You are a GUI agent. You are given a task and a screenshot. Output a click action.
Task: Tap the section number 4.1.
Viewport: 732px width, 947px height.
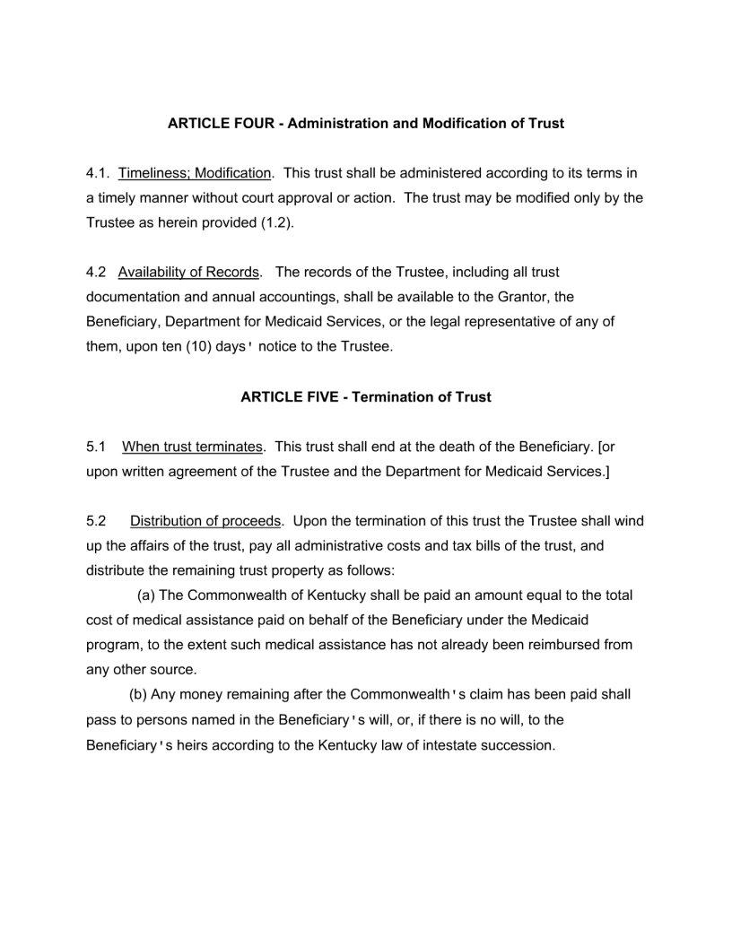[97, 173]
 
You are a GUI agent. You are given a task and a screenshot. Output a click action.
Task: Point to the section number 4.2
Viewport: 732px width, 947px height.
[96, 272]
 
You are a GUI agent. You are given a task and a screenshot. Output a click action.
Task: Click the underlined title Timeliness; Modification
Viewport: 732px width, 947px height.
[195, 173]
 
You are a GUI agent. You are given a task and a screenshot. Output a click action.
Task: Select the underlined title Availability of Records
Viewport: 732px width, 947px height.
[188, 272]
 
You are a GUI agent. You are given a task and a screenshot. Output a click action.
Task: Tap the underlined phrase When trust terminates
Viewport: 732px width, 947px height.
[193, 447]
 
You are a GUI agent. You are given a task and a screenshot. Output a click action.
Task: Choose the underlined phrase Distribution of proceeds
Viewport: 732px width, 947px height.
[206, 521]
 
